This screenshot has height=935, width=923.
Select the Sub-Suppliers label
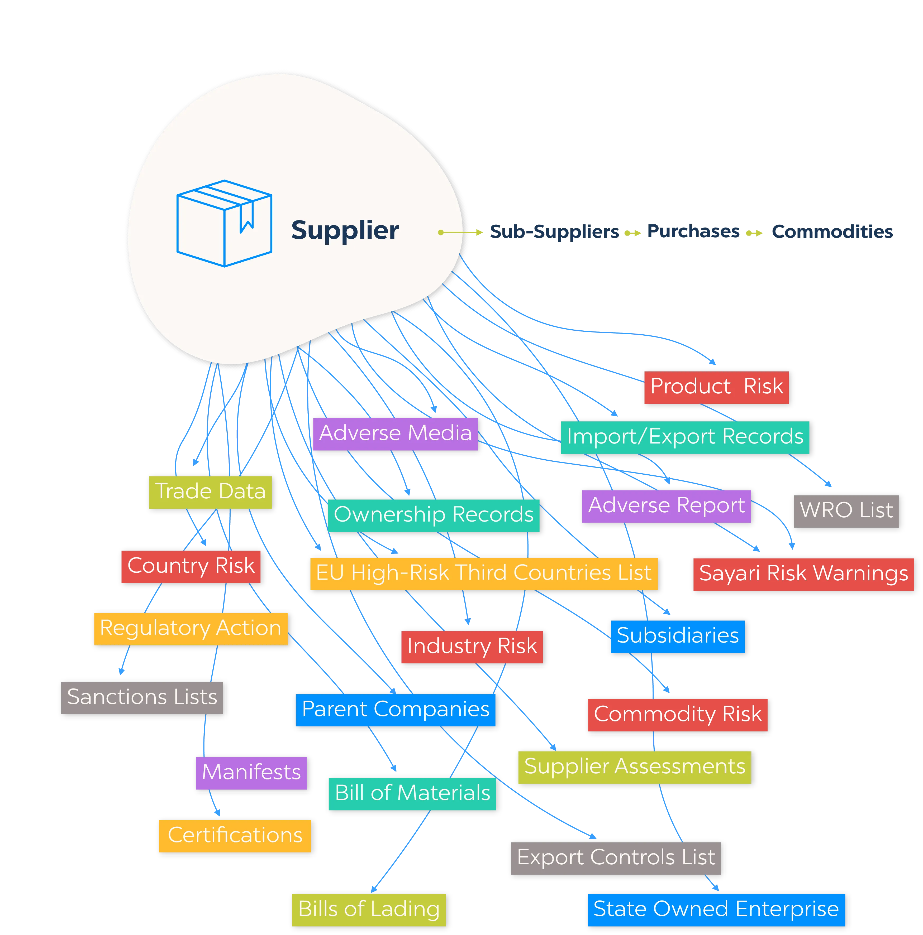pos(554,232)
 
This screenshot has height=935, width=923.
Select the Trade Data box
pos(211,491)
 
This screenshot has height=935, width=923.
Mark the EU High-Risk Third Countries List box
pos(483,573)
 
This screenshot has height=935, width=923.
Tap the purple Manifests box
pos(251,772)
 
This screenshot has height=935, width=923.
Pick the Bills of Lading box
pos(369,909)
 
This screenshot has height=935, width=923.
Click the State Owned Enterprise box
pos(716,909)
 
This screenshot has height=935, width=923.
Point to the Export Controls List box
pos(616,857)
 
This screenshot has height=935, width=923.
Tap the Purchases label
pos(693,232)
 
